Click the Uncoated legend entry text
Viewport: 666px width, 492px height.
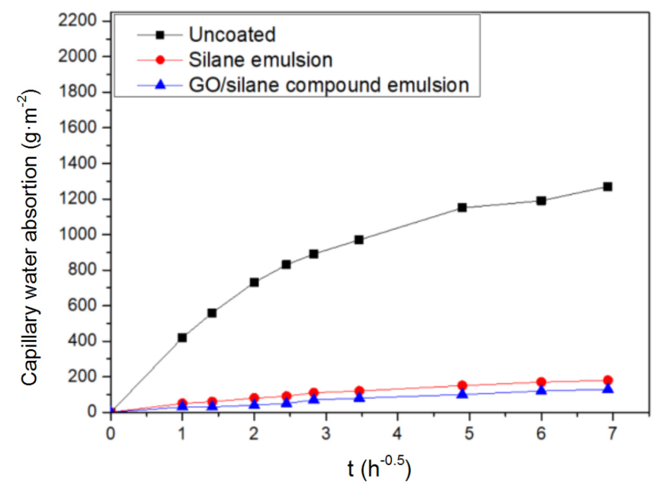232,35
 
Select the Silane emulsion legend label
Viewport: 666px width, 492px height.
261,60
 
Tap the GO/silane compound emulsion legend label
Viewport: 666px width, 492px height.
329,85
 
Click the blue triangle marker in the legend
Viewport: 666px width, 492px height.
160,85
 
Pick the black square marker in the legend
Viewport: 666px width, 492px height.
160,35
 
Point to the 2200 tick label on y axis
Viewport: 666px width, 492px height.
78,20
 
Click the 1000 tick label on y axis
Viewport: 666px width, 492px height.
78,234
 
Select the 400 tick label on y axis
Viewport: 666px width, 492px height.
82,341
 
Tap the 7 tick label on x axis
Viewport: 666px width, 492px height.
611,434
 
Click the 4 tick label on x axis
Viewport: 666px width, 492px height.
397,434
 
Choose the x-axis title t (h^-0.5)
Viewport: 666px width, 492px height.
379,468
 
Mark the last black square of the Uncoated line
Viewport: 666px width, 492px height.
607,187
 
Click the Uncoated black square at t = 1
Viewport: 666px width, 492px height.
182,337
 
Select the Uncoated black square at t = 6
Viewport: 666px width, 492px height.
541,201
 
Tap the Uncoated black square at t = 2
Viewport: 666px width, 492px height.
254,282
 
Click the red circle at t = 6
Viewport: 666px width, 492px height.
541,382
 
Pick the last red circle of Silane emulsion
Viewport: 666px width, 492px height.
607,380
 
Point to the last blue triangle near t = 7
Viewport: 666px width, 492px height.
608,389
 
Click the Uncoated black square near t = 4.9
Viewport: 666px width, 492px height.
462,207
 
